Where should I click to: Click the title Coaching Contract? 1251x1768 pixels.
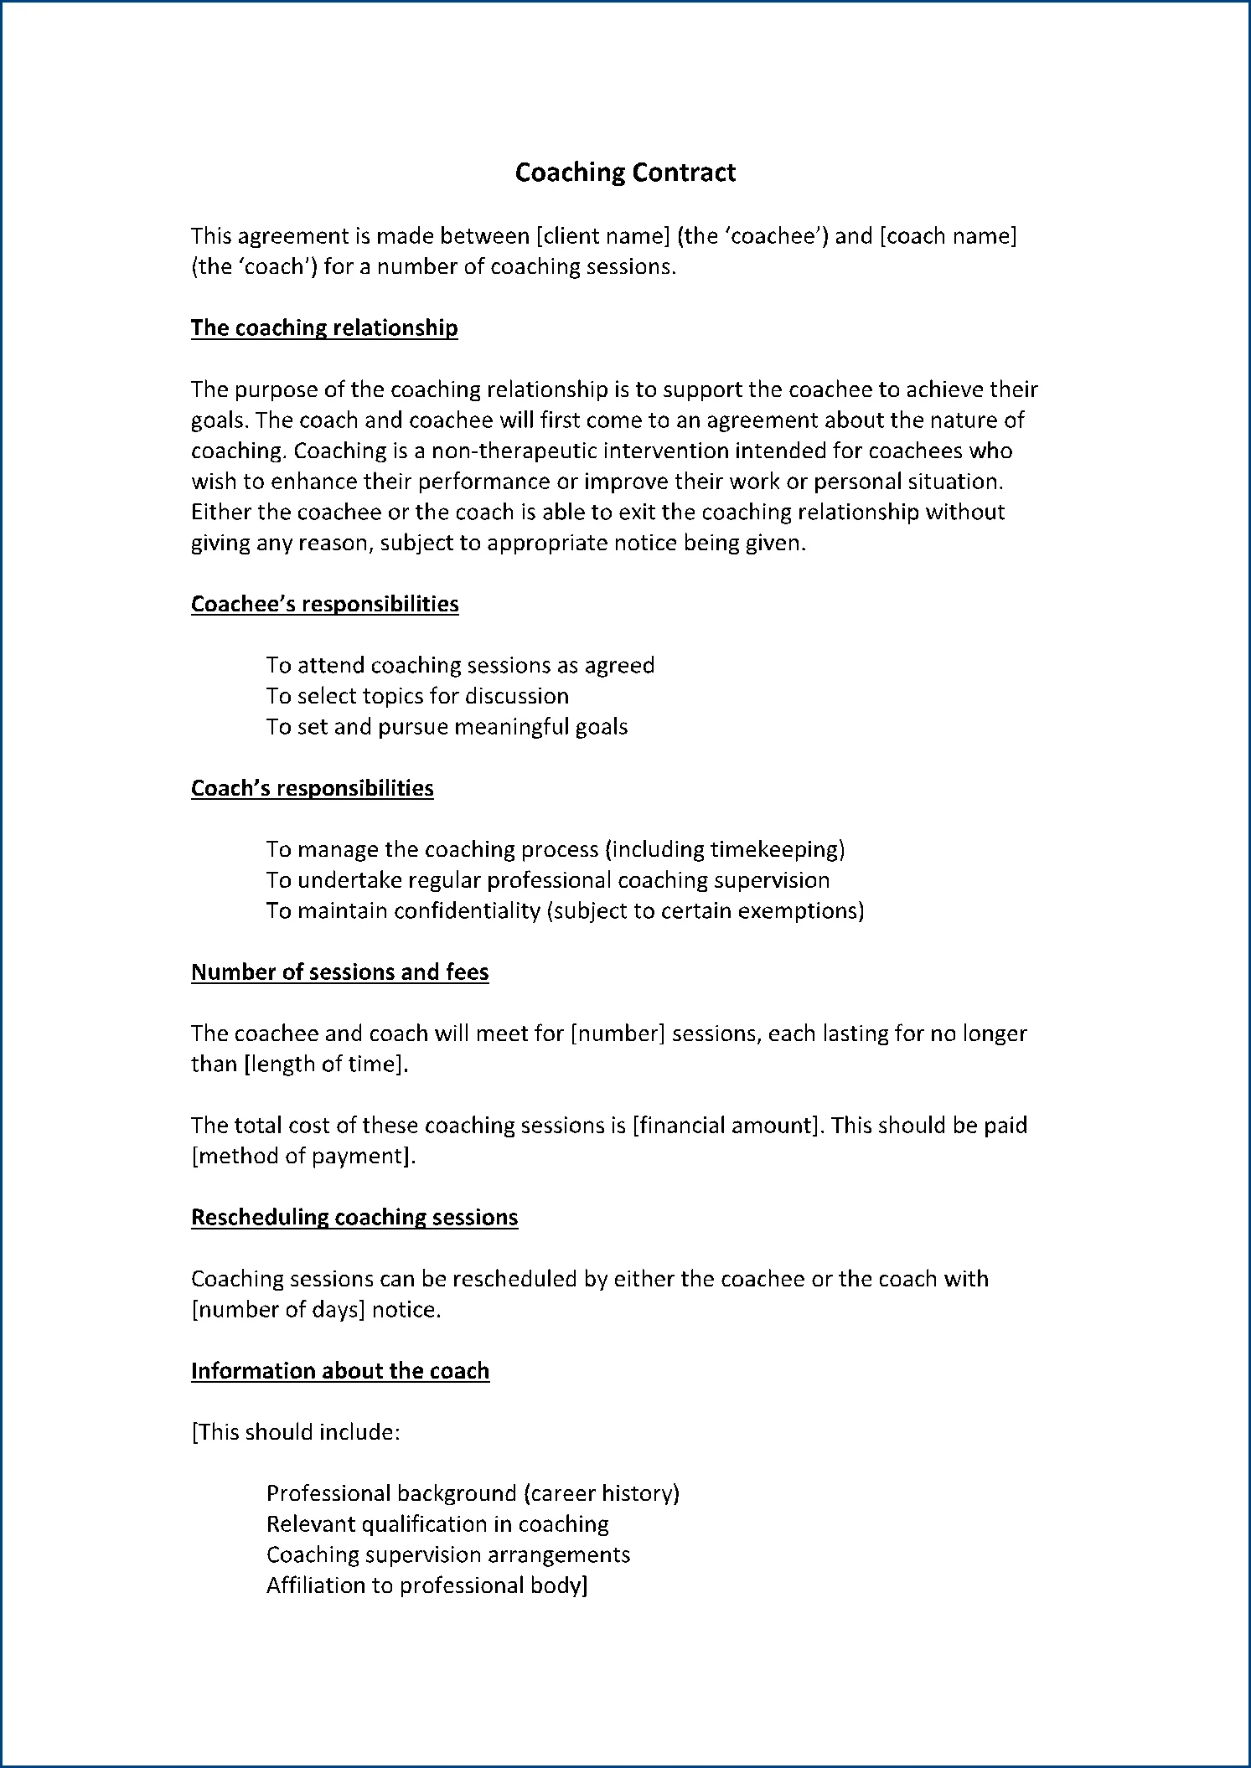[625, 172]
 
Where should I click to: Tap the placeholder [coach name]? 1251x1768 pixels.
[948, 236]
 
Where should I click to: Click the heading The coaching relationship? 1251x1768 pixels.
[324, 327]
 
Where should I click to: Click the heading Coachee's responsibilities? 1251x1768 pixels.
[324, 604]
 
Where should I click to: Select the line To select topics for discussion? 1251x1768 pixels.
[417, 696]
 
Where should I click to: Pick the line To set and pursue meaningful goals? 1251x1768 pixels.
[447, 726]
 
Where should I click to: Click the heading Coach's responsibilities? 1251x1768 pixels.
[312, 788]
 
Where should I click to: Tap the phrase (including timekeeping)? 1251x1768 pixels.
[724, 849]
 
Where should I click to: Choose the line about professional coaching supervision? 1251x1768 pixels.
[548, 880]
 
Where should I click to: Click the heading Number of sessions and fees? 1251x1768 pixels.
[339, 972]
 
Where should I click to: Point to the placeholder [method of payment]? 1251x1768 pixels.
[303, 1156]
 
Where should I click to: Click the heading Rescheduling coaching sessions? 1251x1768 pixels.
[354, 1217]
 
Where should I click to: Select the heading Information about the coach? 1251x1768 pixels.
[339, 1370]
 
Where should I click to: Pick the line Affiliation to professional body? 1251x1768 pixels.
[426, 1585]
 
